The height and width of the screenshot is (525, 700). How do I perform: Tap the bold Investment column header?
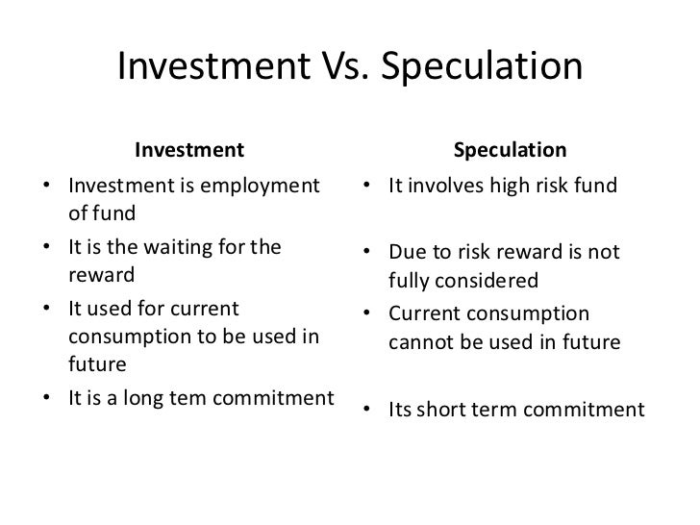[x=189, y=150]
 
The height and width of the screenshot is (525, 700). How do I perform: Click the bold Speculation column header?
[x=510, y=150]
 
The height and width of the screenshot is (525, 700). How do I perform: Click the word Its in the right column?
[x=400, y=410]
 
